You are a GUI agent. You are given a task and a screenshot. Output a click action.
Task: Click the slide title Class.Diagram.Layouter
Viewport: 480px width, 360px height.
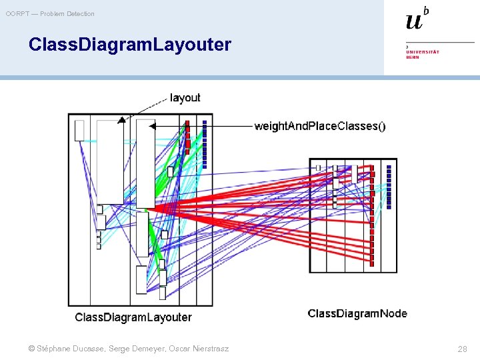point(130,45)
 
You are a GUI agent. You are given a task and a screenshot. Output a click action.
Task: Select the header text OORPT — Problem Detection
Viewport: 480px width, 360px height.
point(51,13)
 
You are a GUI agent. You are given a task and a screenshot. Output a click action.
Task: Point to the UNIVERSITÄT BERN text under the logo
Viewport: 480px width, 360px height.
point(423,54)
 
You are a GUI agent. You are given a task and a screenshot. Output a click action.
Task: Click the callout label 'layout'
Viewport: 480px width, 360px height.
point(185,98)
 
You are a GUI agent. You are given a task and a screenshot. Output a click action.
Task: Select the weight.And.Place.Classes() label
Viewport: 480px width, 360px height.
point(319,126)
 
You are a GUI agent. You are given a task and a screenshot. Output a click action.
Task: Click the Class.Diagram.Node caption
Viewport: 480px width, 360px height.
point(357,313)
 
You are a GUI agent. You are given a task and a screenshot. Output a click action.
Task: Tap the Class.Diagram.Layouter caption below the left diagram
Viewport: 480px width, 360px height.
point(133,317)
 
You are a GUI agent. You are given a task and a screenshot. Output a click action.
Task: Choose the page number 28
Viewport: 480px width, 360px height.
point(462,349)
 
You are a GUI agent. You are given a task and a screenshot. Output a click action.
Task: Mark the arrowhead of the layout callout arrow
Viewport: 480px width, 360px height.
point(121,120)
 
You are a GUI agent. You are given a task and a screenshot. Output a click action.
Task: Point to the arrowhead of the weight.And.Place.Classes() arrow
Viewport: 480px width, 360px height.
point(152,125)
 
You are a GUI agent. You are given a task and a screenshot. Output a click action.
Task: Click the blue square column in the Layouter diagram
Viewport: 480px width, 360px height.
point(205,144)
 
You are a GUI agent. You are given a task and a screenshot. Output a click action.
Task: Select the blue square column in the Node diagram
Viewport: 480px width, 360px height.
point(389,187)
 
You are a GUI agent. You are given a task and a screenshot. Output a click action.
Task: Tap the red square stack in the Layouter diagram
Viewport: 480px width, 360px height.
point(188,137)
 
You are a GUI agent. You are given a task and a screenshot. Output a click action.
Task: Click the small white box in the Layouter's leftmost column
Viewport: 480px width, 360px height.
point(79,131)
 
